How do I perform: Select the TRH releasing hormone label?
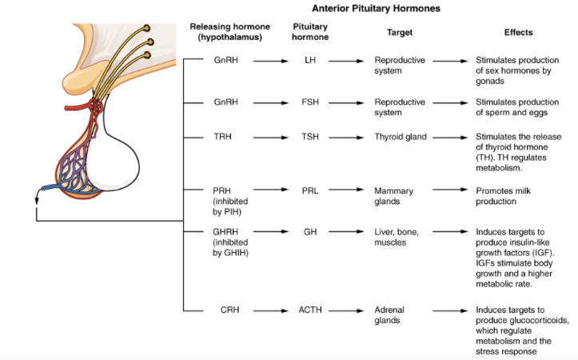(222, 137)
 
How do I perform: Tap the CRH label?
(225, 310)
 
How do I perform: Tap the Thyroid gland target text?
(401, 137)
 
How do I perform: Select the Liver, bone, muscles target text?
(397, 237)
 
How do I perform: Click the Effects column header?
(518, 33)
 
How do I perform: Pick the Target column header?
(400, 33)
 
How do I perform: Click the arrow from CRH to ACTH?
(269, 310)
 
